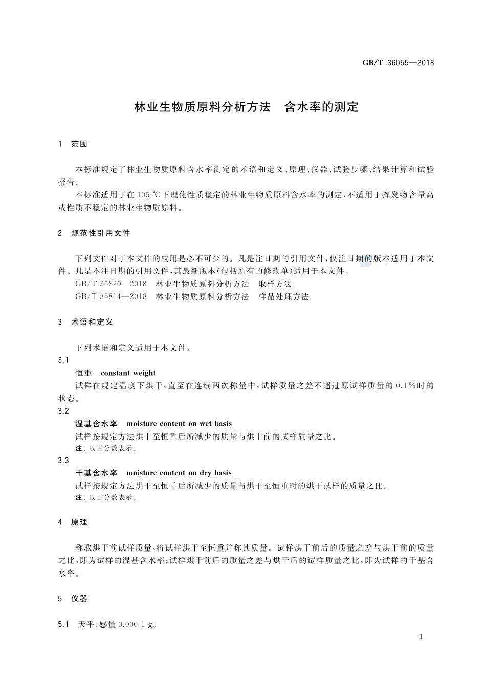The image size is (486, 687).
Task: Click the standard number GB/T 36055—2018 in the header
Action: pyautogui.click(x=398, y=63)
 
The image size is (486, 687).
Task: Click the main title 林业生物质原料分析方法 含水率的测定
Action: pyautogui.click(x=246, y=107)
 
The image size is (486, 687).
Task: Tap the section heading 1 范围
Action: pyautogui.click(x=73, y=144)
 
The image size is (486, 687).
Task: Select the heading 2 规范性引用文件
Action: pyautogui.click(x=94, y=233)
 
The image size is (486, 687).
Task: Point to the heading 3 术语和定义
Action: pyautogui.click(x=85, y=322)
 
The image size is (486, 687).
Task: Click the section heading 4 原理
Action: pyautogui.click(x=73, y=522)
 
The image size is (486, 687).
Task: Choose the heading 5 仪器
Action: pyautogui.click(x=73, y=599)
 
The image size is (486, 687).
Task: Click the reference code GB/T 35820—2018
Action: pyautogui.click(x=111, y=284)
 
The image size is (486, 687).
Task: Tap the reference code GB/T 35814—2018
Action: pyautogui.click(x=111, y=296)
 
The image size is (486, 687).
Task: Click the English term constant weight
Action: pyautogui.click(x=128, y=373)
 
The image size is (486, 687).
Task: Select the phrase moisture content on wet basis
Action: pyautogui.click(x=179, y=424)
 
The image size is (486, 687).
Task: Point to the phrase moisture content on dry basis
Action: pyautogui.click(x=179, y=473)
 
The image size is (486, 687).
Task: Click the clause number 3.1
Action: pyautogui.click(x=63, y=360)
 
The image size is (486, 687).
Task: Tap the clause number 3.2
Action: pyautogui.click(x=63, y=411)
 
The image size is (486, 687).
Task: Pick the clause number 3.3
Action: pyautogui.click(x=63, y=461)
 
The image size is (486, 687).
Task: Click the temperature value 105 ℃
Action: pyautogui.click(x=149, y=195)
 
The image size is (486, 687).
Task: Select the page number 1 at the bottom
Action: pyautogui.click(x=421, y=637)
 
